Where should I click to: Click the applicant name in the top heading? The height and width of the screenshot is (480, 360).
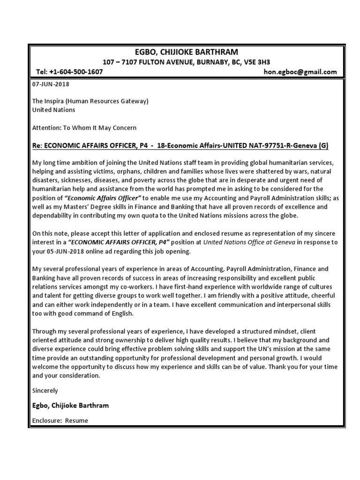coord(186,52)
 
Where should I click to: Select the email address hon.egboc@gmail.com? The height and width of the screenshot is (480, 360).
coord(300,72)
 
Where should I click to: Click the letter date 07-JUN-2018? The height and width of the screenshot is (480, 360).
coord(50,84)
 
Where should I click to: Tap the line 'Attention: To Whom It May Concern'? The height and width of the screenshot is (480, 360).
coord(84,127)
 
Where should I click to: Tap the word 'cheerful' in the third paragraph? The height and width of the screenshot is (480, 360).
coord(318,296)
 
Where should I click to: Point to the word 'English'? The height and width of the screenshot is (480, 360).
coord(122,314)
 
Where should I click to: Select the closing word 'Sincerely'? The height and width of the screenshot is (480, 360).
coord(45,390)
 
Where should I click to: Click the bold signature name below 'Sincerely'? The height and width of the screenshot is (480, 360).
coord(70,405)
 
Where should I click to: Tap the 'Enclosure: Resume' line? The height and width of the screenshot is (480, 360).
coord(60,420)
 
